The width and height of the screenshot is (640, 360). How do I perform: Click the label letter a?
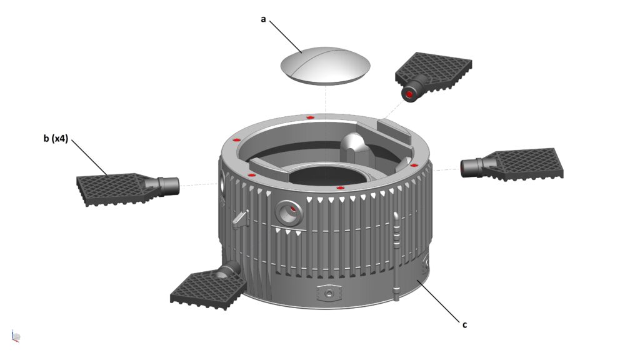(x=263, y=19)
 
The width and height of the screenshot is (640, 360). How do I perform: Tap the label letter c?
(x=464, y=324)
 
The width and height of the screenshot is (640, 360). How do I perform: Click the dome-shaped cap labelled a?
(x=325, y=64)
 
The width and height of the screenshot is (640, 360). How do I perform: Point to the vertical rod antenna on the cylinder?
(x=396, y=256)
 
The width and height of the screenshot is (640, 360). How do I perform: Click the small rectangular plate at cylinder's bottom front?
(x=329, y=292)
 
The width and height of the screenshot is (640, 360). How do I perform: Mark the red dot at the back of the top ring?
(x=310, y=117)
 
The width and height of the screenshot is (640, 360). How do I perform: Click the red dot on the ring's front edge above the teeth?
(x=340, y=187)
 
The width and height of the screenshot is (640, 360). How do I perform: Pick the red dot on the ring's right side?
(x=413, y=165)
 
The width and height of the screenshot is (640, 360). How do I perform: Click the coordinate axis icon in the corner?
(x=16, y=336)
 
